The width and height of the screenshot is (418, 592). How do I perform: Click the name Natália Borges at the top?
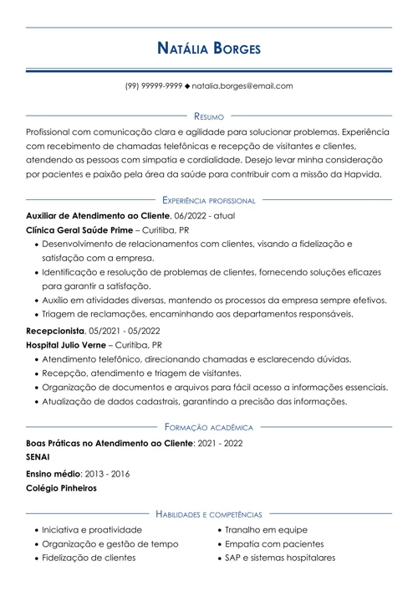click(x=209, y=48)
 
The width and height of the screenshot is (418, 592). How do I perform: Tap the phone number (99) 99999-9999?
click(x=154, y=86)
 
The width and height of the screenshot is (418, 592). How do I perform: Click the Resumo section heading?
click(x=209, y=116)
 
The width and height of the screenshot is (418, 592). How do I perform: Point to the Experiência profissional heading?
click(x=209, y=200)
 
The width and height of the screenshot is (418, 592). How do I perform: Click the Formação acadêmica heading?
click(x=209, y=425)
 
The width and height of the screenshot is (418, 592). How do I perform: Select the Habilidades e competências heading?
click(x=209, y=513)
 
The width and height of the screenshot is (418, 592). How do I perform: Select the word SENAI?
click(x=38, y=457)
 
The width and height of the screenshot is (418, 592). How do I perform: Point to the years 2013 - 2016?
click(x=107, y=473)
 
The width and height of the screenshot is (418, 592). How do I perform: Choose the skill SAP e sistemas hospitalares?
click(x=280, y=558)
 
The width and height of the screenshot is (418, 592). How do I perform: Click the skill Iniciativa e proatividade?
click(x=92, y=530)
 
